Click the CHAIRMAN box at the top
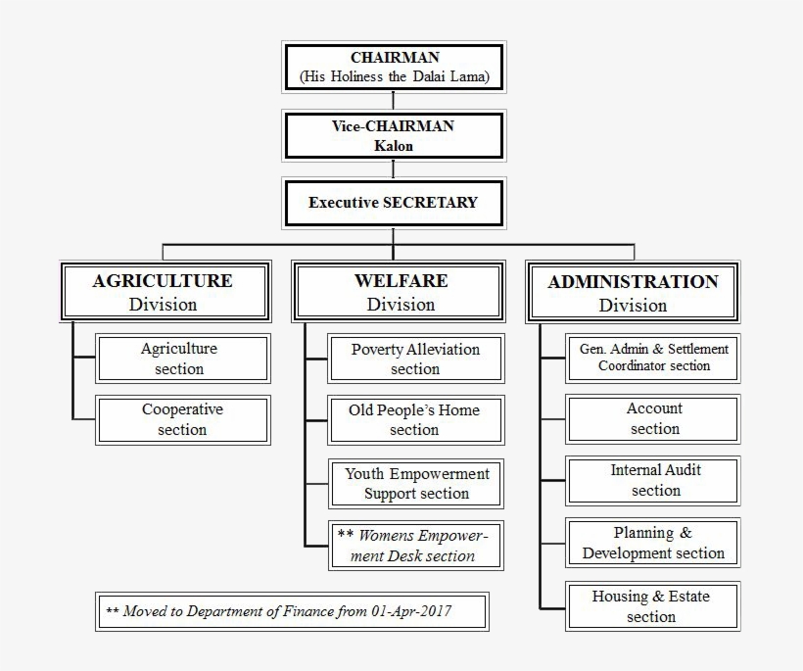(393, 67)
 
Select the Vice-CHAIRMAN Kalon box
(393, 135)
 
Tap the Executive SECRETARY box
(393, 203)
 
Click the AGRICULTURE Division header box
(164, 292)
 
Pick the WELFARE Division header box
(401, 292)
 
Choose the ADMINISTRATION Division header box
(633, 292)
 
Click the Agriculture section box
(182, 359)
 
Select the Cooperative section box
(182, 419)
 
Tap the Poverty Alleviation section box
(416, 359)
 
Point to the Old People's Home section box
(416, 419)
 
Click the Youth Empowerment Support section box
(416, 484)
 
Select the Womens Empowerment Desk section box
(416, 546)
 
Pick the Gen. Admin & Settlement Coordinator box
(653, 358)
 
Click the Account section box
(653, 418)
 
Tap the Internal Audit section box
(653, 480)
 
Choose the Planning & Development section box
(653, 543)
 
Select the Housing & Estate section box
(653, 605)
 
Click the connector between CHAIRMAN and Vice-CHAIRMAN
(393, 101)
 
